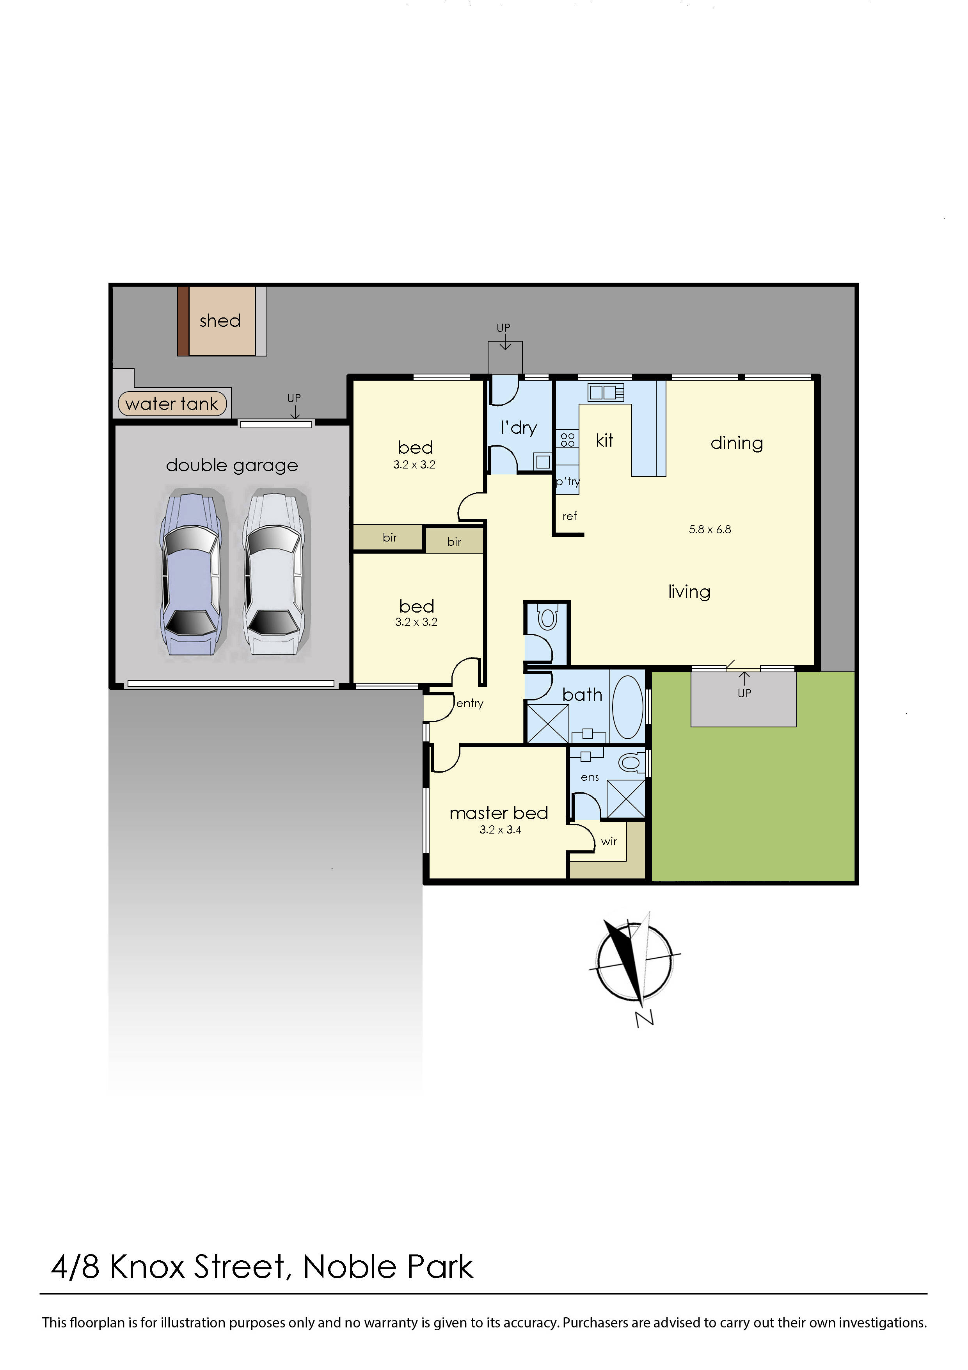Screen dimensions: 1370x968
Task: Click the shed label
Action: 220,321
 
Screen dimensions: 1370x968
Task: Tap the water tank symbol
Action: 172,404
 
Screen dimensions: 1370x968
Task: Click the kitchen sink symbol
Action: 606,393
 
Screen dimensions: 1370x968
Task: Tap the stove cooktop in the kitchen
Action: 567,440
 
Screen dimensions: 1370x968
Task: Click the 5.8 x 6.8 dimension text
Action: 709,529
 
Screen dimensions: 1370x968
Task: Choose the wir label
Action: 608,841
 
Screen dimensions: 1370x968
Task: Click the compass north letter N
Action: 644,1019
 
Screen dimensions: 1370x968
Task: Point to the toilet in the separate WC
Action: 547,619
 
